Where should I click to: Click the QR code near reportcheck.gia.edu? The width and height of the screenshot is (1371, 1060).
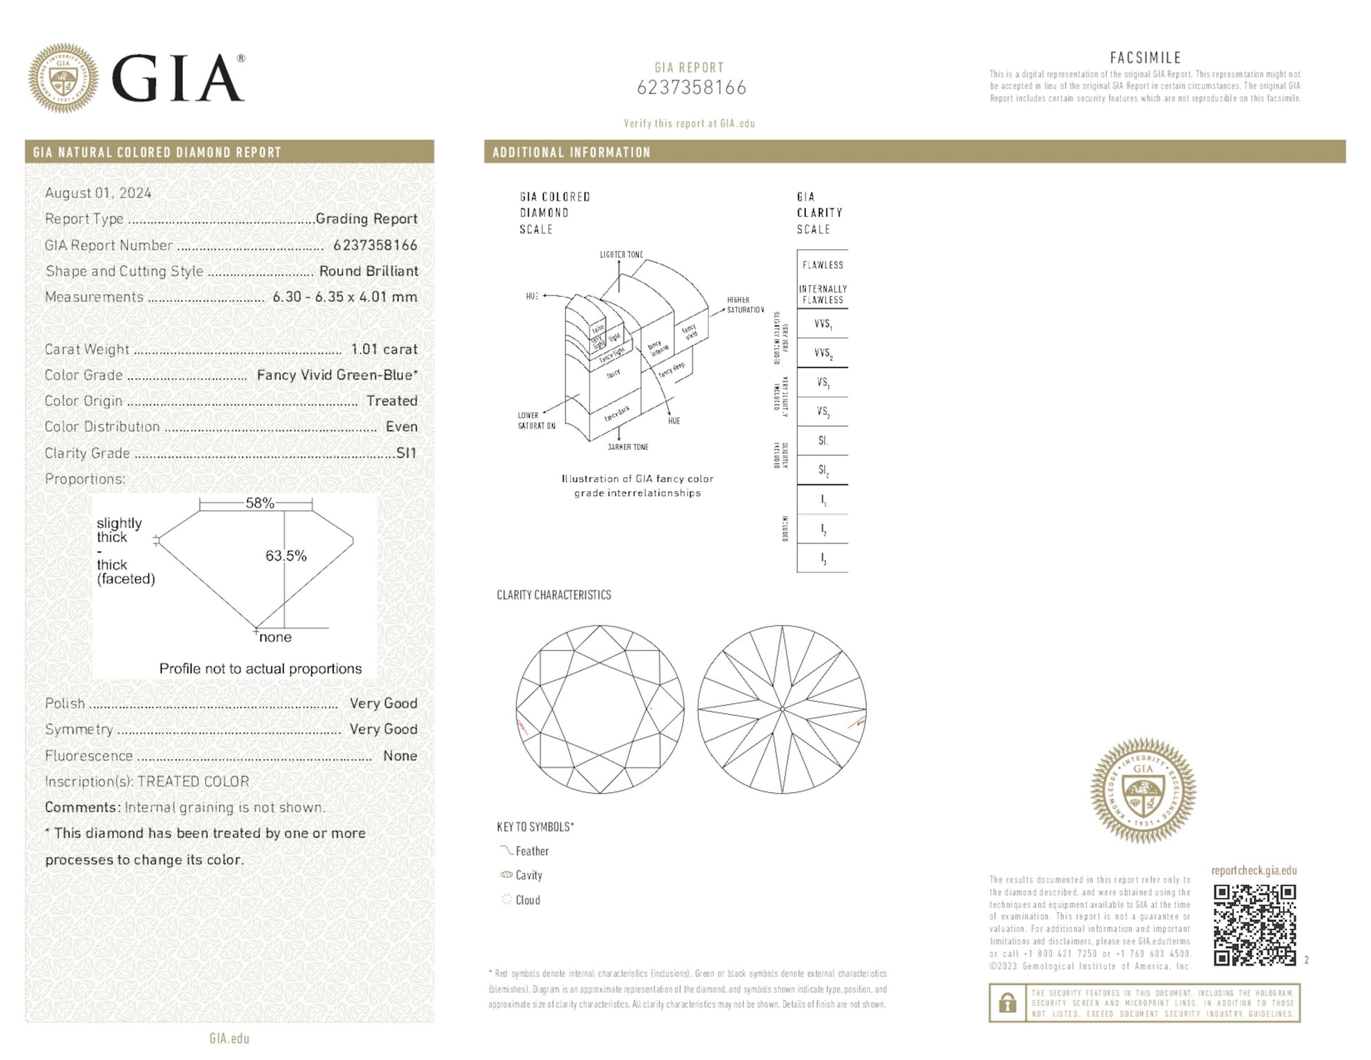click(1254, 925)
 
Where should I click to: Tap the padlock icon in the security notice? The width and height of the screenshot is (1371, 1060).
click(1007, 1002)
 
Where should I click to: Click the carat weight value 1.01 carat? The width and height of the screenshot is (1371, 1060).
click(384, 350)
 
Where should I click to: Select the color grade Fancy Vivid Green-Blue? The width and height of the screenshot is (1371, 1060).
click(337, 376)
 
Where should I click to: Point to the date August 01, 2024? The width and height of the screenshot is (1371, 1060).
click(98, 193)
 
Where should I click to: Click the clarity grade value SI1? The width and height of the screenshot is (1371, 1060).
click(407, 453)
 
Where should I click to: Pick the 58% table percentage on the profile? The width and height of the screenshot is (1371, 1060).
click(259, 503)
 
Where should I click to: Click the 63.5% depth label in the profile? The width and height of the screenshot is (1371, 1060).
click(285, 556)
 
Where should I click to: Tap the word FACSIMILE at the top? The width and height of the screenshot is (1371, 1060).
click(1145, 58)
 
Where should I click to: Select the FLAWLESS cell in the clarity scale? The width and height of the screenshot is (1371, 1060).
click(822, 265)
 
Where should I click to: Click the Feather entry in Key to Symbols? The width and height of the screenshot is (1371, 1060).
click(531, 851)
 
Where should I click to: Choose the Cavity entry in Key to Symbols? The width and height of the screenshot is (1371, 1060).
click(528, 875)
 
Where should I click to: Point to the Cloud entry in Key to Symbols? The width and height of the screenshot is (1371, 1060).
click(527, 900)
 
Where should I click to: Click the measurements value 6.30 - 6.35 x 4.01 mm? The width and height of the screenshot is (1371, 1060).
click(345, 297)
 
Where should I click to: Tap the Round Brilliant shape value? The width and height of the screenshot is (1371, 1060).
click(368, 271)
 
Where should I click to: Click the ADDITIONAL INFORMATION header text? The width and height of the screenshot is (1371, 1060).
click(571, 152)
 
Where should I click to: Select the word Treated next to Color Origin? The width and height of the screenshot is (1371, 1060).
click(392, 401)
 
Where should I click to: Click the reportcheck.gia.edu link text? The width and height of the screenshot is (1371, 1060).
click(1253, 870)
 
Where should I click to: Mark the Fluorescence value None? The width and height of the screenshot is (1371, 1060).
click(400, 756)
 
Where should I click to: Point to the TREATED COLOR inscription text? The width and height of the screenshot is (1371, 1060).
click(193, 782)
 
